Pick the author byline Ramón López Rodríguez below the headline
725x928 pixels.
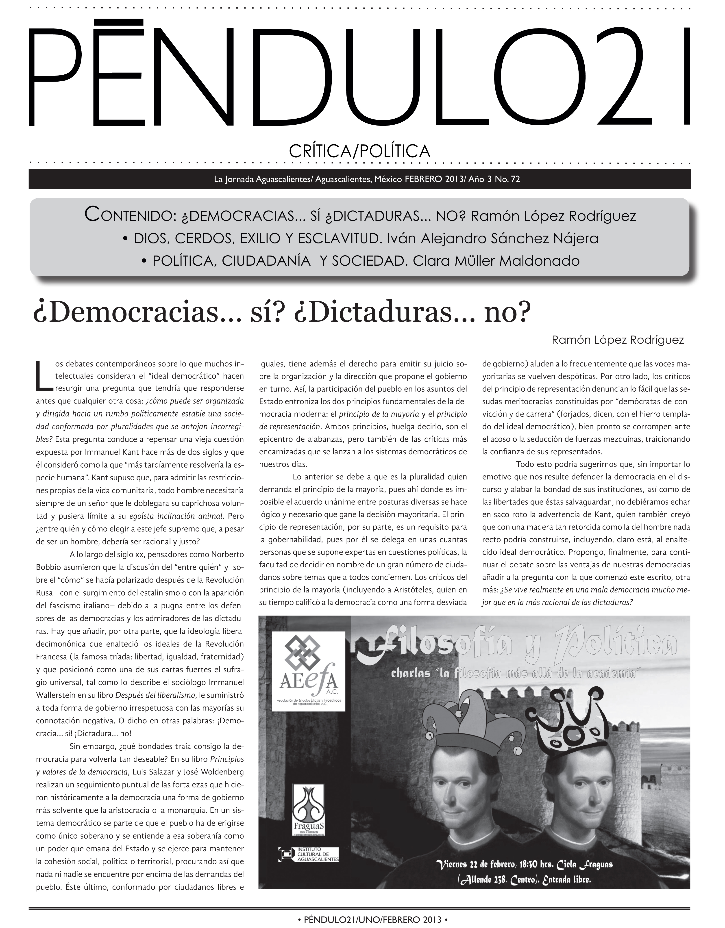(x=618, y=340)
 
